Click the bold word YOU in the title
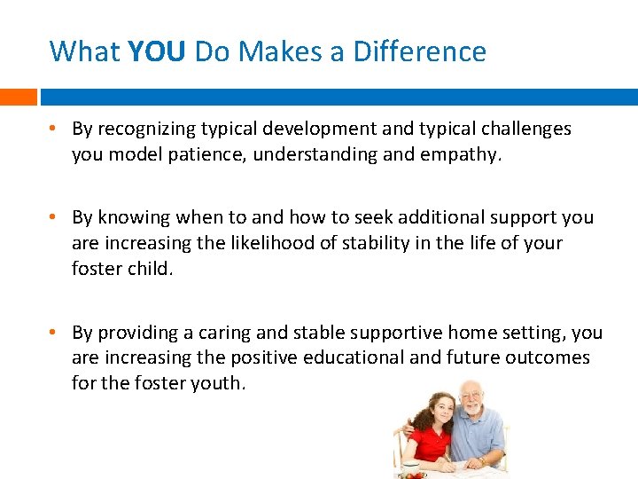click(x=156, y=51)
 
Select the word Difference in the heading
click(x=419, y=51)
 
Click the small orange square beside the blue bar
click(x=18, y=97)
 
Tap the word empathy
click(x=467, y=154)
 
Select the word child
click(x=152, y=269)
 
